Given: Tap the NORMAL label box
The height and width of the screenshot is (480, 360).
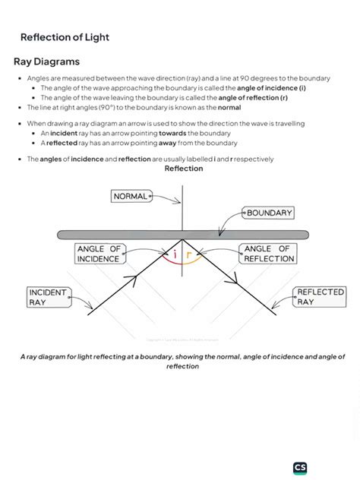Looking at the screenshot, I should pos(131,196).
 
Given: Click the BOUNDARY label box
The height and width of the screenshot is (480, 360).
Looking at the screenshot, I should pos(270,213).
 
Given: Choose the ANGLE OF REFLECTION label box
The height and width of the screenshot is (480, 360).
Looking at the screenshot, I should pos(268,254).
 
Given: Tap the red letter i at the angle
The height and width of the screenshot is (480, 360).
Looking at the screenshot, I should pos(175,255).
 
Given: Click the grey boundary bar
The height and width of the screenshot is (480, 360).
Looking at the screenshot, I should pos(182,235).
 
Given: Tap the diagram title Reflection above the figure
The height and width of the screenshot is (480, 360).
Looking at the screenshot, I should pos(183,169).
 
